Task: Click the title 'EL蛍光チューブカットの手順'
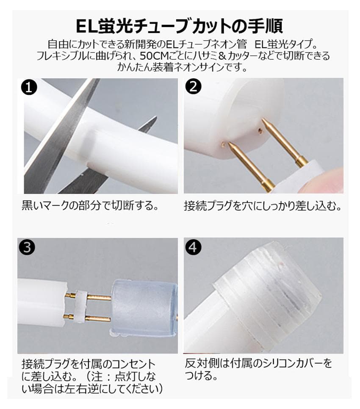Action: pos(180,25)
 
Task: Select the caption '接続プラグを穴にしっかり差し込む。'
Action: pos(263,206)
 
